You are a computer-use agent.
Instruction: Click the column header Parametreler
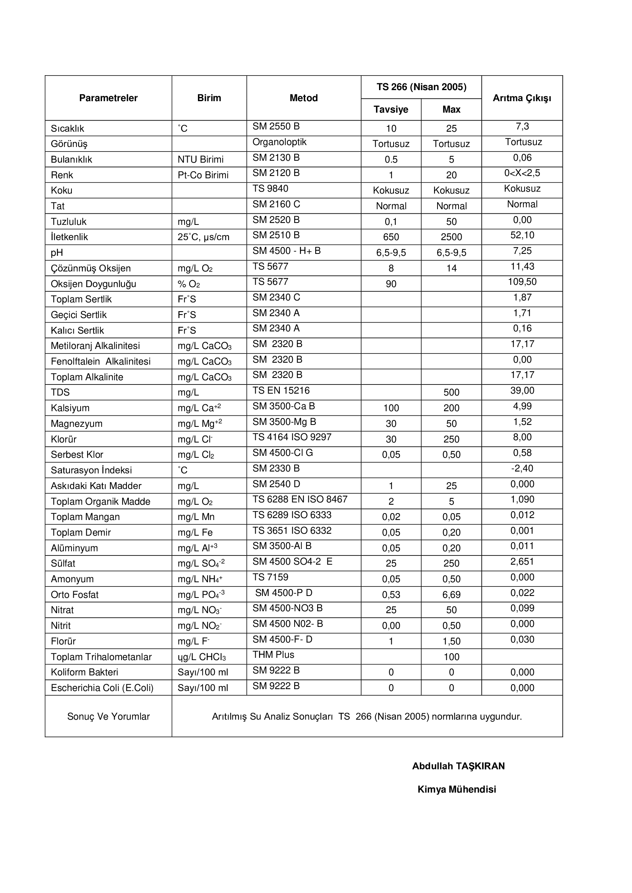click(108, 98)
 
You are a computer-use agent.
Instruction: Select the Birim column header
click(209, 98)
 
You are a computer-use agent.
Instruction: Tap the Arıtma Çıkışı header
click(522, 98)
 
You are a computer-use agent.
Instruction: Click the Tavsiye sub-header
click(391, 110)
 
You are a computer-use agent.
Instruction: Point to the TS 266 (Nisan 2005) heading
click(421, 87)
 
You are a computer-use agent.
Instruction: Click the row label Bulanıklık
click(71, 160)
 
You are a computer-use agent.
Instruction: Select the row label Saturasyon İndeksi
click(91, 470)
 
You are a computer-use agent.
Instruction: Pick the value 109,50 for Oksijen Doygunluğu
click(522, 282)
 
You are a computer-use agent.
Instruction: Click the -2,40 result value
click(522, 468)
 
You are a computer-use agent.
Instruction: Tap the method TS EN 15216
click(281, 391)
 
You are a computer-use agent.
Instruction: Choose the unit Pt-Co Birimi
click(203, 175)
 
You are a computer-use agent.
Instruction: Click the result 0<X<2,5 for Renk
click(522, 173)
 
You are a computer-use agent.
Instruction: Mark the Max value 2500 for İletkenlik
click(451, 237)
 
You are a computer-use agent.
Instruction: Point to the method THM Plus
click(273, 655)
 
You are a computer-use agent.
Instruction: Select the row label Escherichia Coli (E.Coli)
click(102, 688)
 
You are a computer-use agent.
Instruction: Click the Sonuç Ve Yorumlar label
click(108, 717)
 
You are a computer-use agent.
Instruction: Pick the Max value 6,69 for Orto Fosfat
click(451, 595)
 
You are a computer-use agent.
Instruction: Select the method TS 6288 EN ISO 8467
click(300, 499)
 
